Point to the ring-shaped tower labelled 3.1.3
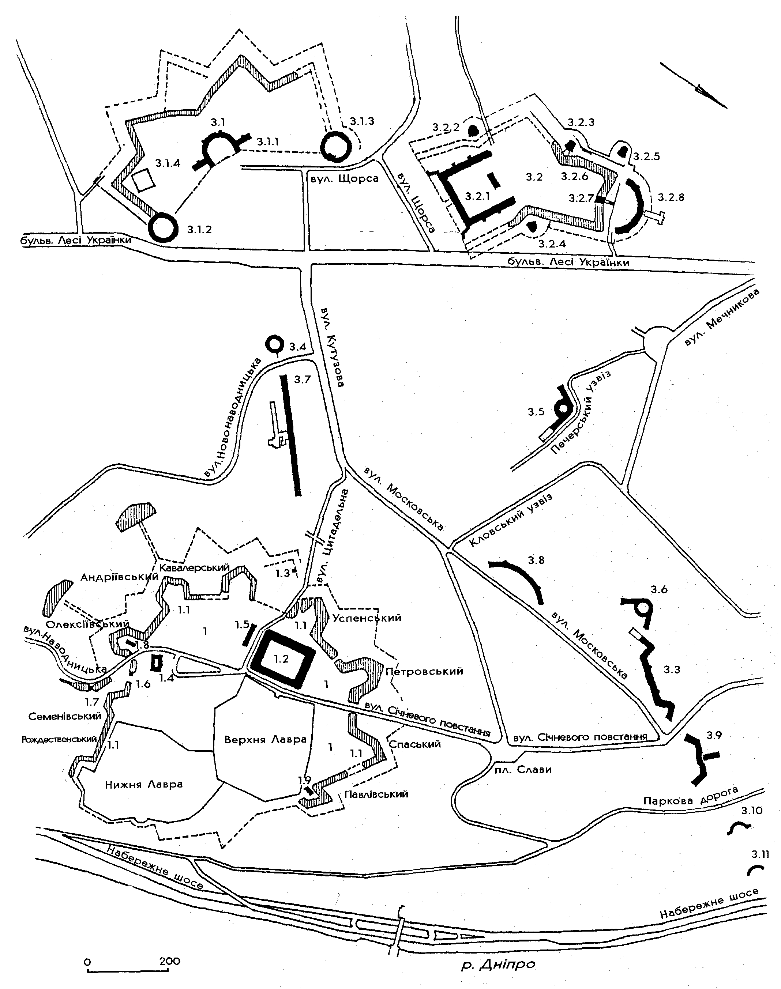337,147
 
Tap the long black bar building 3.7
291,435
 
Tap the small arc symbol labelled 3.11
755,870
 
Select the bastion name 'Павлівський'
376,794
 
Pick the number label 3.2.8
671,197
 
